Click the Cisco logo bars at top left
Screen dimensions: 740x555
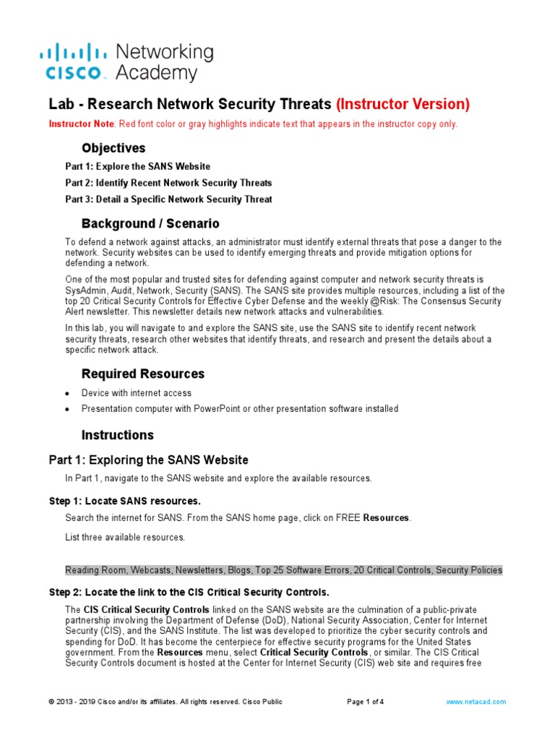tap(72, 51)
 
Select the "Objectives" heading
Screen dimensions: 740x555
tap(113, 148)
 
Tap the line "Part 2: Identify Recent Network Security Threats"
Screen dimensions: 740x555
tap(168, 183)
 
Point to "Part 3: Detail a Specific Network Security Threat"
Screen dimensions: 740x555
tap(168, 199)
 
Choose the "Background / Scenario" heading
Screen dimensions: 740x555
tap(150, 223)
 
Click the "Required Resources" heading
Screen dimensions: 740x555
tap(143, 374)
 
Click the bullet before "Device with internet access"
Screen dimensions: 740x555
tap(67, 394)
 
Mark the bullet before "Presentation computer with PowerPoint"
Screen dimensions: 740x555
tap(67, 410)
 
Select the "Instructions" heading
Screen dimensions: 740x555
tap(118, 435)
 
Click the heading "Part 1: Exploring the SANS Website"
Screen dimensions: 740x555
tap(148, 460)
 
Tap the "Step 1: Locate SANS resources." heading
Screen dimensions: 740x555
tap(124, 501)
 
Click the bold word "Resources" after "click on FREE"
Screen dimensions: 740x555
tap(386, 518)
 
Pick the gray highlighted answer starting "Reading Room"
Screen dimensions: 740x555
tap(283, 570)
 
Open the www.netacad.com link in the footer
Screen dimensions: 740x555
tap(476, 702)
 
